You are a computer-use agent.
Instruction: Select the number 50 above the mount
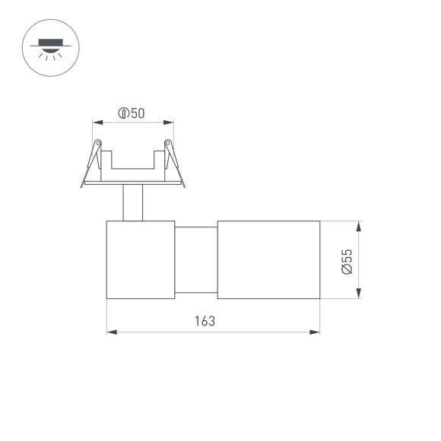click(x=138, y=114)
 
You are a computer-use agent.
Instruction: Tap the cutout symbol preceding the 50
click(x=124, y=114)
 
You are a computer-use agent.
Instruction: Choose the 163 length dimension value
click(x=205, y=321)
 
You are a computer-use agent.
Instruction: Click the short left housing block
click(x=141, y=260)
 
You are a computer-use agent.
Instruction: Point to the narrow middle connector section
click(x=196, y=260)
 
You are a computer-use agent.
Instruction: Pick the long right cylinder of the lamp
click(x=268, y=260)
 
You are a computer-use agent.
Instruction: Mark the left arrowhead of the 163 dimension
click(x=111, y=332)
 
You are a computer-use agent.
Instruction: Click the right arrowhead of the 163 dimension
click(x=315, y=332)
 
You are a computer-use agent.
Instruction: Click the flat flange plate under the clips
click(x=133, y=182)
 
